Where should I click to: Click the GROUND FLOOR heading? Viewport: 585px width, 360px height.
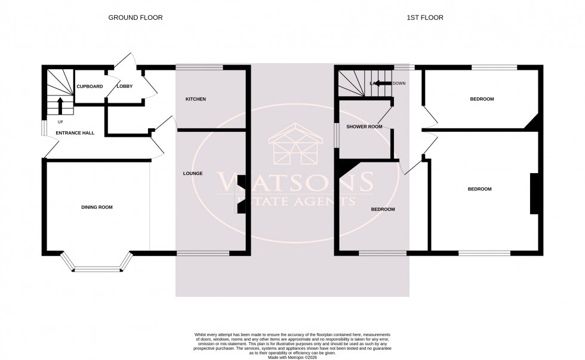point(135,18)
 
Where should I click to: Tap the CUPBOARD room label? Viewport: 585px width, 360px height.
point(90,87)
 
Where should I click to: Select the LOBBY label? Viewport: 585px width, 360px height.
point(124,87)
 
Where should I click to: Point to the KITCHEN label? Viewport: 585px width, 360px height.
point(195,99)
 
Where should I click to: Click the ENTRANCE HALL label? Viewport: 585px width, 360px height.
point(75,133)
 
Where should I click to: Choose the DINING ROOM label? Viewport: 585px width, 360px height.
point(97,207)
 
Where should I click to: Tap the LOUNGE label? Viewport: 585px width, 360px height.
point(193,174)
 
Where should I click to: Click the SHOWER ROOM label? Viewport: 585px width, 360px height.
point(364,127)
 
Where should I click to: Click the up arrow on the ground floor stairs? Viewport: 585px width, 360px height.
point(60,105)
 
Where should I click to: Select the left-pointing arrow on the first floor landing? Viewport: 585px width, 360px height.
point(382,84)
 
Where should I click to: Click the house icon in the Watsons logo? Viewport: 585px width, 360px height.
point(292,146)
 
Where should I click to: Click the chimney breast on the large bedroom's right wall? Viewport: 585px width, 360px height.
point(533,193)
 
